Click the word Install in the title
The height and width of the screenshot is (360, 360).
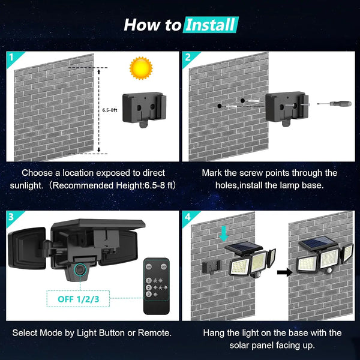click(x=211, y=25)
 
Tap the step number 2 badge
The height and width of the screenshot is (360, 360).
click(x=188, y=58)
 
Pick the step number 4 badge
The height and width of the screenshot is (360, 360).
click(x=188, y=217)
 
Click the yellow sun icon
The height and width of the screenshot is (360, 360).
click(x=142, y=68)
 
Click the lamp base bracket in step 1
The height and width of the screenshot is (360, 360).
click(x=143, y=109)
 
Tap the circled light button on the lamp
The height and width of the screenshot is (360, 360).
click(x=79, y=271)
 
